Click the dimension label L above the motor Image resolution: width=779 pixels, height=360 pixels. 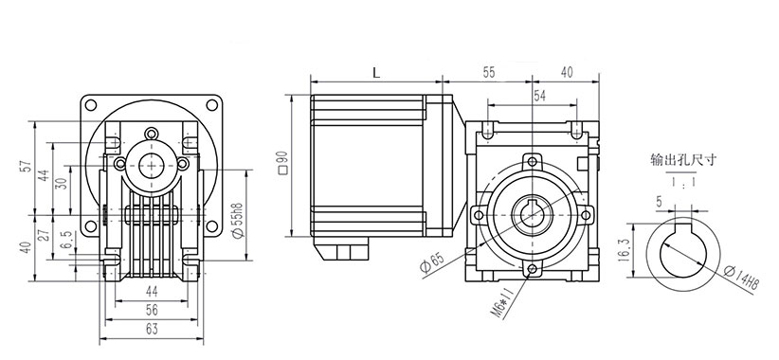pyautogui.click(x=376, y=73)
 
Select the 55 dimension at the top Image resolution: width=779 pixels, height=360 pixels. pyautogui.click(x=488, y=72)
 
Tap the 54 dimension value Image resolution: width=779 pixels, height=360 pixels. pyautogui.click(x=539, y=96)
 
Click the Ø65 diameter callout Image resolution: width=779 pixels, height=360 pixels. pyautogui.click(x=431, y=261)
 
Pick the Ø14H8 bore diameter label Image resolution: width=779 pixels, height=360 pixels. pyautogui.click(x=742, y=279)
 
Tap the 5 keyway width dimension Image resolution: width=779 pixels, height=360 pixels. pyautogui.click(x=660, y=202)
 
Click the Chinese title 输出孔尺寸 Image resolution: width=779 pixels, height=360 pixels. pyautogui.click(x=683, y=160)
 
